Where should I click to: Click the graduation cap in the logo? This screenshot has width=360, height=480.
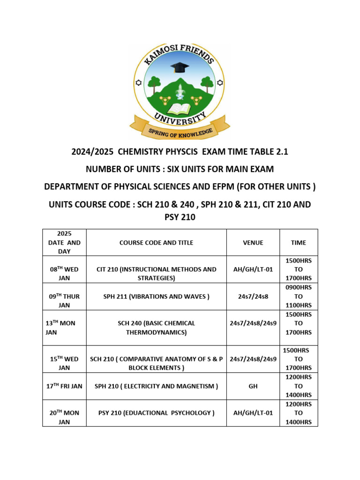coord(180,67)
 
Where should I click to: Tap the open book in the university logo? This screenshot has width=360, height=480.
coord(179,109)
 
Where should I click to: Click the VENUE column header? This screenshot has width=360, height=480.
coord(253,242)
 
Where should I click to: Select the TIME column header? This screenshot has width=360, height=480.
coord(299,242)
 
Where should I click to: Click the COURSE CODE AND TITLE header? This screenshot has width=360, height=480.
coord(156,242)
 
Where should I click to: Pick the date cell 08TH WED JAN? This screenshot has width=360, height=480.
coord(64,274)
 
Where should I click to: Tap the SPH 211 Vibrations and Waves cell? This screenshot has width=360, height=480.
coord(156,296)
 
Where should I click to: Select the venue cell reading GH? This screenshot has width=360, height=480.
coord(253,386)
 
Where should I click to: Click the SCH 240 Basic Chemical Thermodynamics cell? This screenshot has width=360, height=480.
coord(156,328)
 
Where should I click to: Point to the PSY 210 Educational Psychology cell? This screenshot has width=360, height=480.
coord(156,413)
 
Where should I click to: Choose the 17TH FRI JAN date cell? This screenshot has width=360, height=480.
coord(64,386)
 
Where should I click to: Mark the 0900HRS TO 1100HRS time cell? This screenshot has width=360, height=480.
coord(299,296)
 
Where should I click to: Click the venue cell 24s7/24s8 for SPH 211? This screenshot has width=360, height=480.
coord(253,296)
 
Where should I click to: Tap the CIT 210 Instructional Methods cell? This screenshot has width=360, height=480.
coord(156,274)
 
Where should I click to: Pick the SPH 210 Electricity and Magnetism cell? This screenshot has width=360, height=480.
coord(156,386)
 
